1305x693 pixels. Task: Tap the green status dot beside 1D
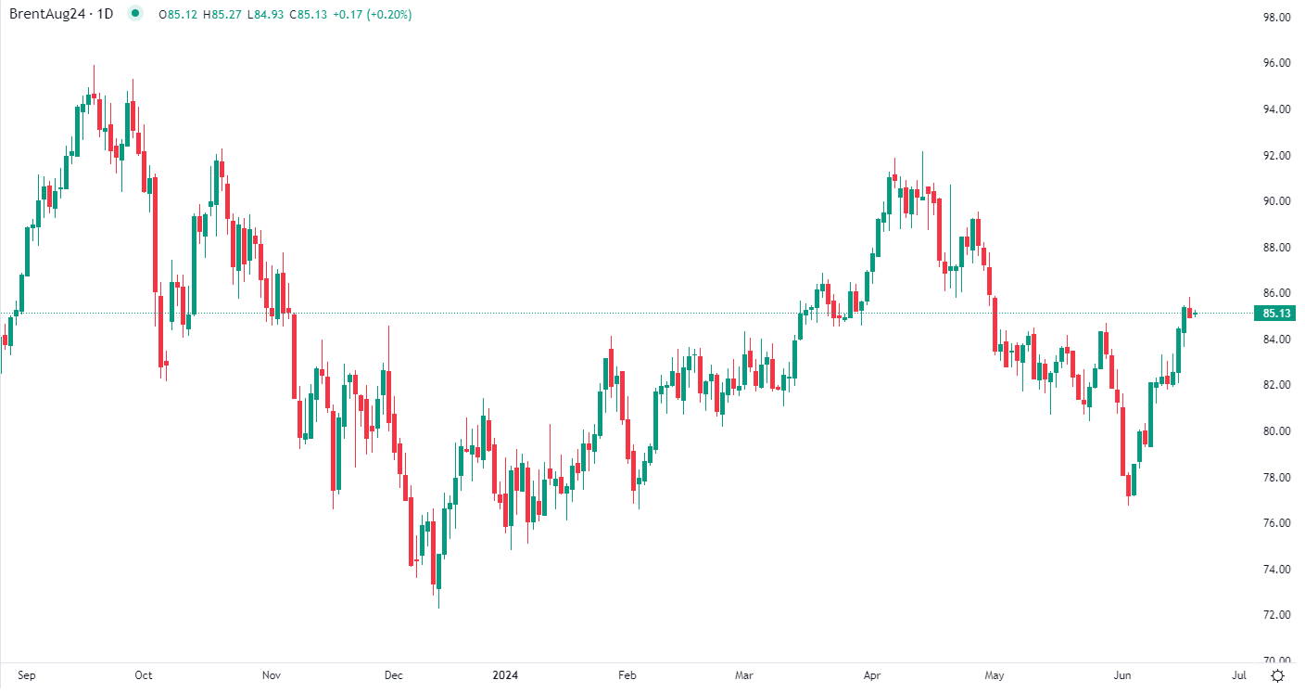click(135, 14)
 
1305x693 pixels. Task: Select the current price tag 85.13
click(1276, 314)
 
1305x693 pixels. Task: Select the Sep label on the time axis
click(27, 675)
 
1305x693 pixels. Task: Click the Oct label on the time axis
click(143, 675)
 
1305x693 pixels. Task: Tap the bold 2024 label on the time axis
click(506, 675)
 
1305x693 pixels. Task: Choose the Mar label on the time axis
click(744, 675)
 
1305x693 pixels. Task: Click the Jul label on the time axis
click(1239, 675)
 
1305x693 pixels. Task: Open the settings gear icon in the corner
click(1278, 675)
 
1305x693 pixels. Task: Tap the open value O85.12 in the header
click(176, 15)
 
